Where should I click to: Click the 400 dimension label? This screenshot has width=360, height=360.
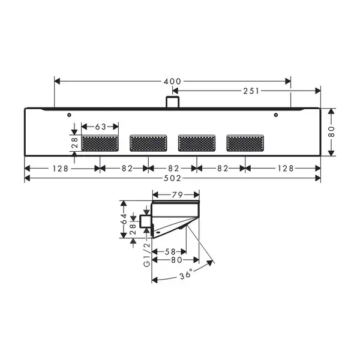(x=172, y=81)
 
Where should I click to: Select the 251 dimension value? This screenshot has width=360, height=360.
(x=251, y=91)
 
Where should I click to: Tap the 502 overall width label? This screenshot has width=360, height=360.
(x=172, y=178)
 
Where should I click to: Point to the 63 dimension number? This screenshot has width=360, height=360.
(x=101, y=127)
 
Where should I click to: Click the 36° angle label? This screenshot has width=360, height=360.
(x=186, y=275)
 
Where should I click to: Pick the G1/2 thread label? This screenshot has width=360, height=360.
(x=147, y=255)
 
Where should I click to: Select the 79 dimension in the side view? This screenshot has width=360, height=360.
(x=177, y=195)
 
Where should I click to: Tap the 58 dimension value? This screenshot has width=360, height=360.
(x=170, y=252)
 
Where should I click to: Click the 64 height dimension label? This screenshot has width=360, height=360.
(x=124, y=219)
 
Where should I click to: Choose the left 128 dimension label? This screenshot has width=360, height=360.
(x=61, y=169)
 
